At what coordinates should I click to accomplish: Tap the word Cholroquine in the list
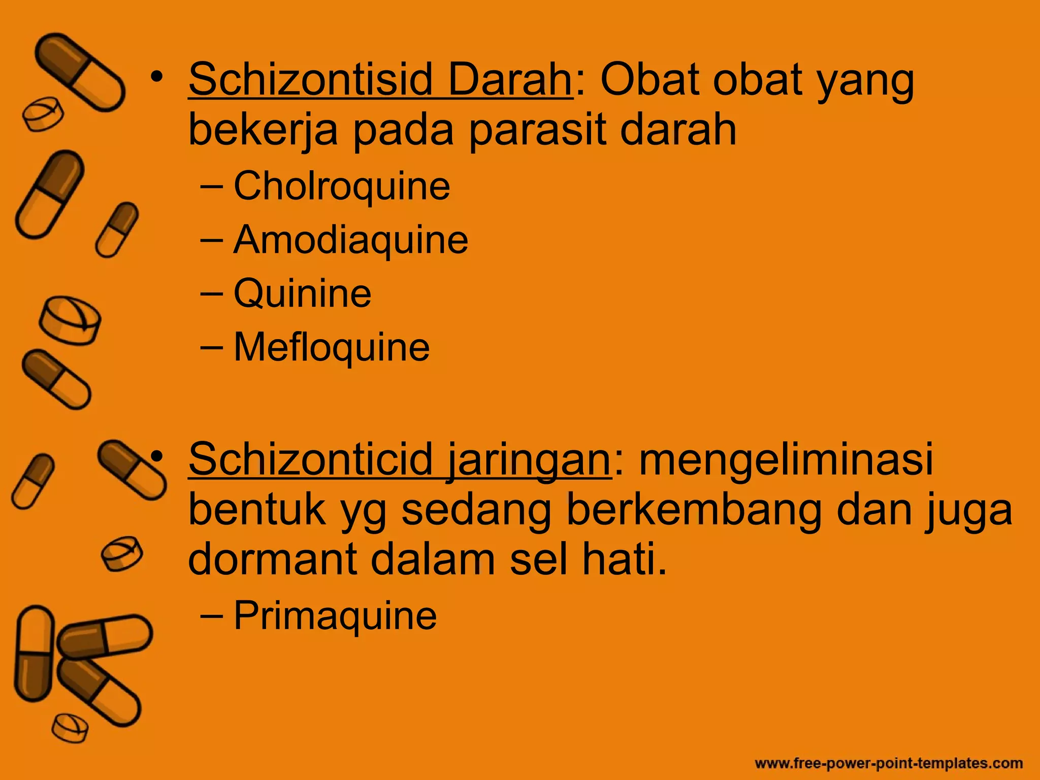tap(341, 186)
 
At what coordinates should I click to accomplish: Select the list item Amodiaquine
tap(350, 240)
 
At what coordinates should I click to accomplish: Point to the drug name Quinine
tap(302, 294)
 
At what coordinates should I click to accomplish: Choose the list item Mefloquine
tap(331, 347)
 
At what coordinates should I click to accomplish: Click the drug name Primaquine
tap(335, 615)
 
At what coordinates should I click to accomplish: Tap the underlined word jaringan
tap(528, 460)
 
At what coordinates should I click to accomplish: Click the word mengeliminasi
tap(786, 460)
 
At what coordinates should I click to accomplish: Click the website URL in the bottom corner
tap(889, 763)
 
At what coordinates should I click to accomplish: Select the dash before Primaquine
tap(211, 615)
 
